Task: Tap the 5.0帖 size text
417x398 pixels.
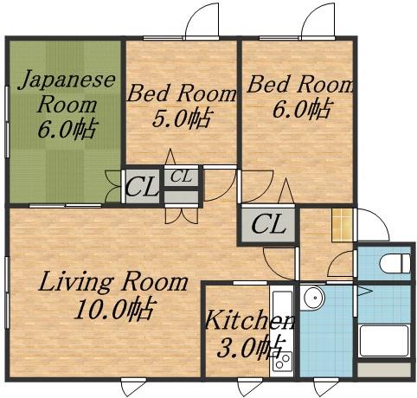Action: coord(181,118)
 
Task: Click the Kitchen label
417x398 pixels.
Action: coord(250,319)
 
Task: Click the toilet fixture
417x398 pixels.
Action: coord(395,263)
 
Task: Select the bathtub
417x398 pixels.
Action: coord(384,341)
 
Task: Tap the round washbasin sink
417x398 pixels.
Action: coord(314,298)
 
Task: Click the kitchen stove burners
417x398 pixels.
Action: coord(282,361)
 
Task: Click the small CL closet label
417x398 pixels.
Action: coord(181,177)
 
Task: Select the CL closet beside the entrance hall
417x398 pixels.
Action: coord(268,224)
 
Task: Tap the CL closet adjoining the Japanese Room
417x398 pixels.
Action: coord(142,187)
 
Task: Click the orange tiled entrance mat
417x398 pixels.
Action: coord(342,225)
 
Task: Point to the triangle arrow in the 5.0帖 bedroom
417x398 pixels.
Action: coord(170,157)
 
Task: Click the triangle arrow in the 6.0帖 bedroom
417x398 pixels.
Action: coord(285,191)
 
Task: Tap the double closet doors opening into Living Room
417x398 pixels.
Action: coord(182,215)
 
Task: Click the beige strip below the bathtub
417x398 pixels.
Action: coord(384,370)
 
